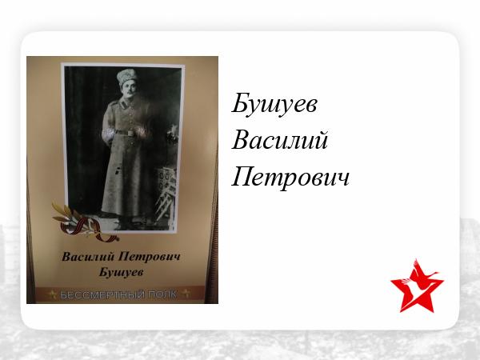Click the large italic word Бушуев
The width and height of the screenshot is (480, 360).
pos(274,104)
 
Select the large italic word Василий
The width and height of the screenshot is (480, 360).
pos(280,139)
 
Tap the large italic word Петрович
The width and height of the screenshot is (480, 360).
pos(290,177)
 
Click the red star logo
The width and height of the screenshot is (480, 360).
pos(417,286)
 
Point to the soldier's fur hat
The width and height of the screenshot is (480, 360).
pos(126,77)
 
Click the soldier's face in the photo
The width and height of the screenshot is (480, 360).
pos(128,88)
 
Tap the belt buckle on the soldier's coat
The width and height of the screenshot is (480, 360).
pos(131,133)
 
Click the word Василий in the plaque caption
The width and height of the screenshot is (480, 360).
pos(88,257)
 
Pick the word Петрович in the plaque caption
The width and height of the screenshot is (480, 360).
pos(149,257)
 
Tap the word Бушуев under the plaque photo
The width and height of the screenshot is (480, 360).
pos(122,272)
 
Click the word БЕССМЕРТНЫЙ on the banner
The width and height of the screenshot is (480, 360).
pos(102,294)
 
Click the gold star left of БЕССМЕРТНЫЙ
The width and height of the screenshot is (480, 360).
pos(52,294)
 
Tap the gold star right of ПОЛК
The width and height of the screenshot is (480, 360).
pos(186,294)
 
